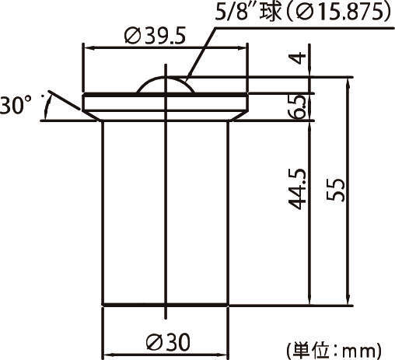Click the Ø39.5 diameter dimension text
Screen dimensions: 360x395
pyautogui.click(x=158, y=37)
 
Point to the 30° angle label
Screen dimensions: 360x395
pyautogui.click(x=16, y=105)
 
